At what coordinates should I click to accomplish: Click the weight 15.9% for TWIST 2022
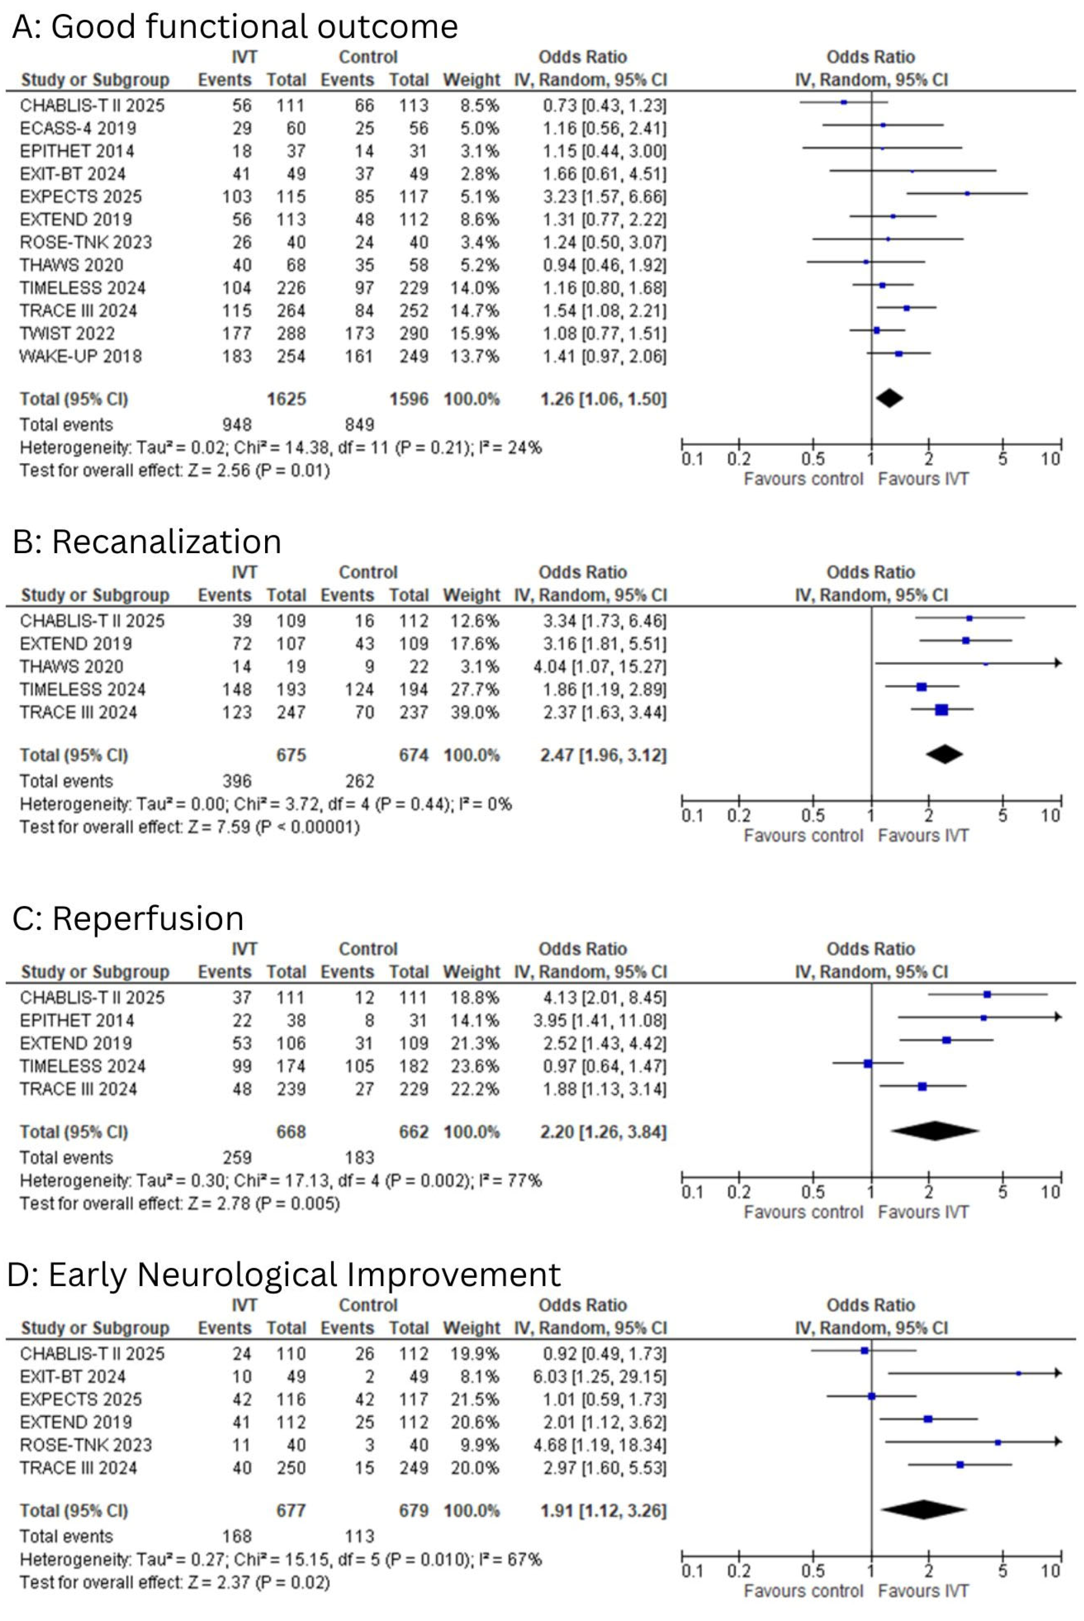click(x=474, y=333)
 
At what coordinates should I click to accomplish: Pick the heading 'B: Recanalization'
click(x=147, y=541)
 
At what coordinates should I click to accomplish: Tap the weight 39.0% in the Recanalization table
click(x=474, y=712)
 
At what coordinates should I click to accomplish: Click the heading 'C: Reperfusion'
click(x=129, y=918)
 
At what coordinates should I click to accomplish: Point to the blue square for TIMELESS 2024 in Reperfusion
click(x=868, y=1064)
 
